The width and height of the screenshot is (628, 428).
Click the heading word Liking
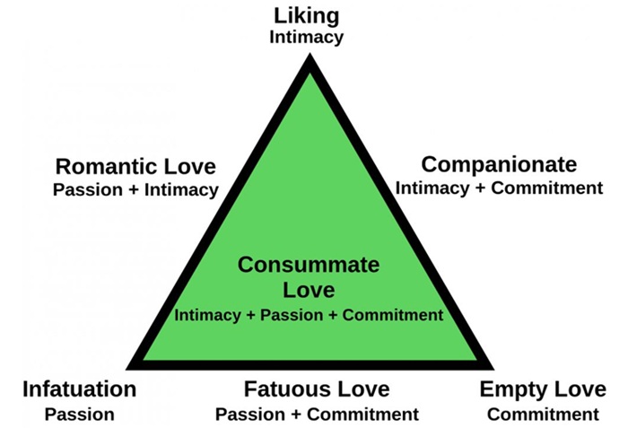click(307, 17)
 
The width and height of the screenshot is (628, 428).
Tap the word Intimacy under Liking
click(307, 38)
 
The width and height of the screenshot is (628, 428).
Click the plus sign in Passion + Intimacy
click(134, 190)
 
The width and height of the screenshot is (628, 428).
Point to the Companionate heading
click(499, 165)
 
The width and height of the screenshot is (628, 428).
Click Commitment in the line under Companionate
click(547, 188)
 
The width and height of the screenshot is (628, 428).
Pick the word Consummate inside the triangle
click(309, 265)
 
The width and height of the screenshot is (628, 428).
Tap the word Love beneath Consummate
click(309, 290)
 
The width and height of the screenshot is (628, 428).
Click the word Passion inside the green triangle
click(292, 315)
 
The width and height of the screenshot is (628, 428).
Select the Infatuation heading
click(79, 389)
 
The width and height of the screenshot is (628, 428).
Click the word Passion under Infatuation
click(79, 415)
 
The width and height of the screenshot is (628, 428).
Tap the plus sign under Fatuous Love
click(295, 415)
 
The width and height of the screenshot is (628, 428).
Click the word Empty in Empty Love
click(511, 390)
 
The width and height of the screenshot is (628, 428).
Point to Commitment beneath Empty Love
click(543, 415)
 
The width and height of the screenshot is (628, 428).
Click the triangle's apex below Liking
click(310, 54)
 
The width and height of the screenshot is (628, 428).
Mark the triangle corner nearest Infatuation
click(127, 369)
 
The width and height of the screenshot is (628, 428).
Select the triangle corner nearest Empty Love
click(493, 369)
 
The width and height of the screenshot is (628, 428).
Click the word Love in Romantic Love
click(190, 166)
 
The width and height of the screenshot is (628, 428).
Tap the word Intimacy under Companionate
click(432, 188)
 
